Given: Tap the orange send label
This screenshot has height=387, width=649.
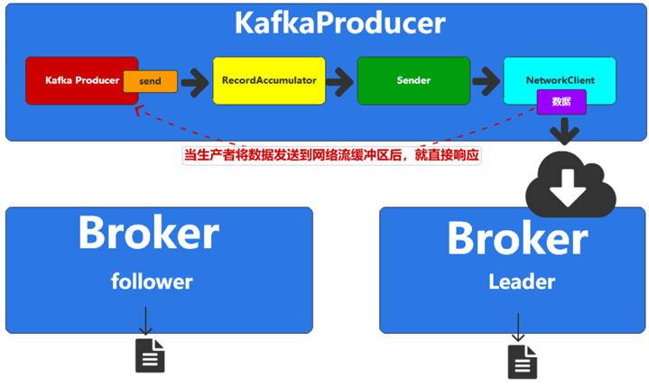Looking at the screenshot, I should coord(150,81).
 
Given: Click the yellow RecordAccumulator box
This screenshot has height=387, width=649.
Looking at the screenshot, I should coord(268,80).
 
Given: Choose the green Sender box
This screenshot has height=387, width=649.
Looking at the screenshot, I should coord(413,80).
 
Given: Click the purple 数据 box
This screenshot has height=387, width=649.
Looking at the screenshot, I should coord(561,102).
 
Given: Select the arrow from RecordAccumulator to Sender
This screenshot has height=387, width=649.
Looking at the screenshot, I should coord(340,81).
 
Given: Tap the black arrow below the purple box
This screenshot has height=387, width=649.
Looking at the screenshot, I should coord(565,131).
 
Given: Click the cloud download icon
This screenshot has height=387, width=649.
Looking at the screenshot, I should coord(571,184).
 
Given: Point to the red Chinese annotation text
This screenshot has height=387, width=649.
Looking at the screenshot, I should coord(331,155).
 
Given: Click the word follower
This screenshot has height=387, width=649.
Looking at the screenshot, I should coord(152,281).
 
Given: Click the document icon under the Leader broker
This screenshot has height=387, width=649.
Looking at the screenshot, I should coord(521,361).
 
